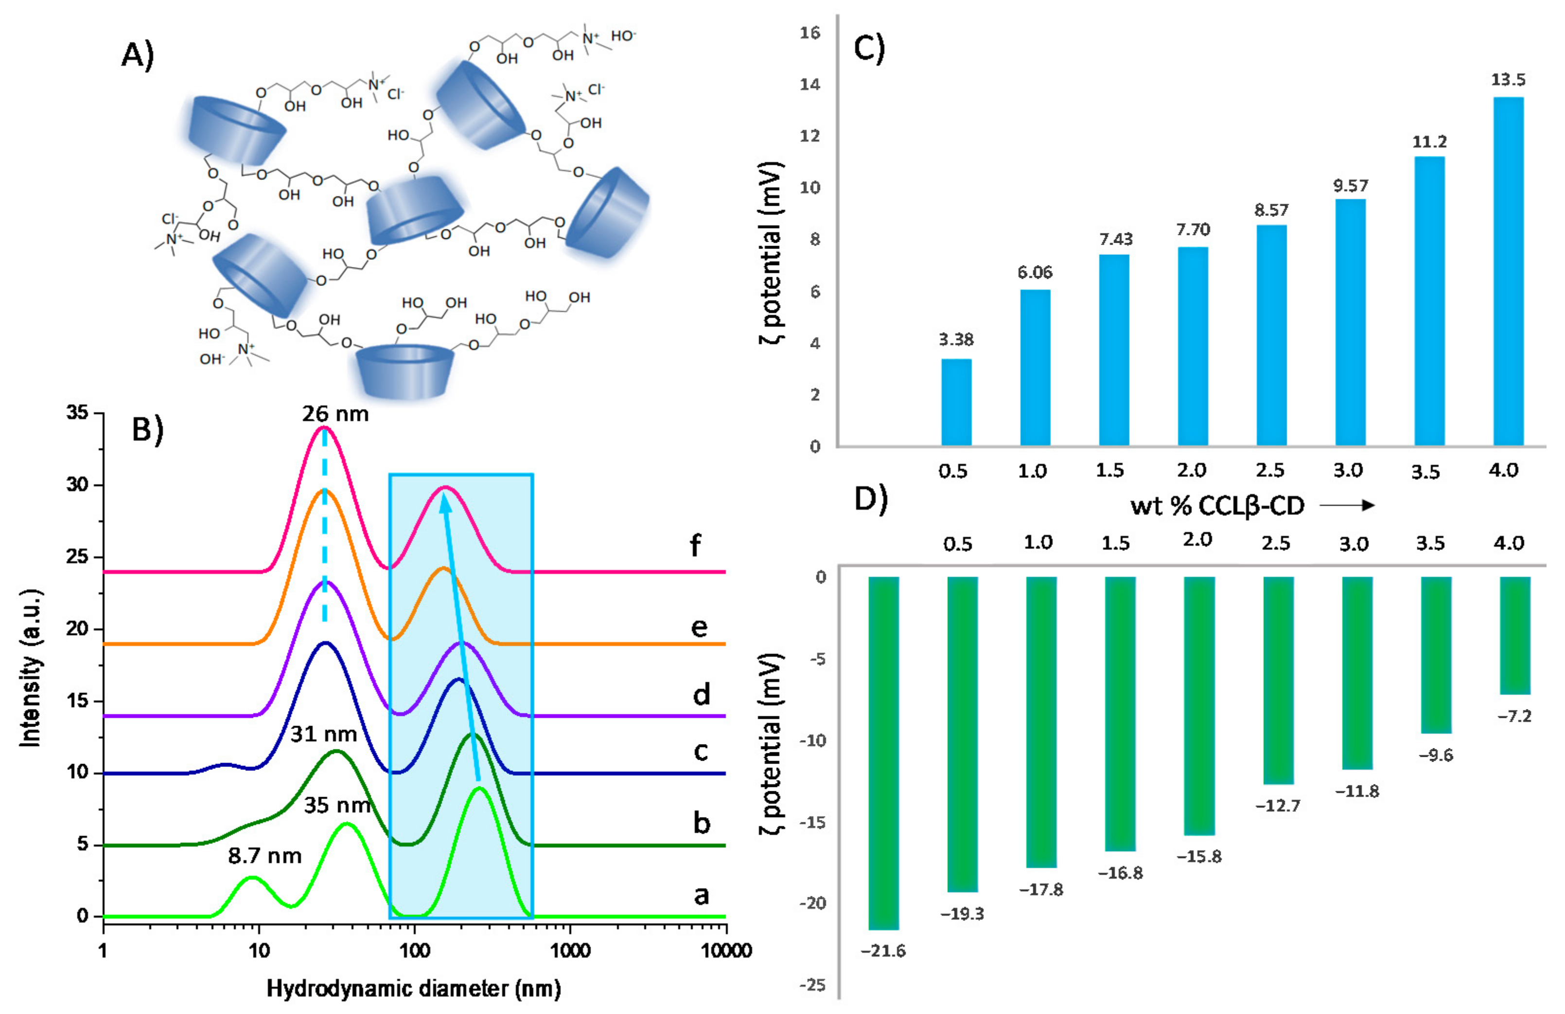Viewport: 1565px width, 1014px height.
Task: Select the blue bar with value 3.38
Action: click(956, 402)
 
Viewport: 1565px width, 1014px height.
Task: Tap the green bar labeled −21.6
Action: click(883, 752)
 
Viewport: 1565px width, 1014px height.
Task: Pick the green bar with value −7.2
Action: click(1515, 635)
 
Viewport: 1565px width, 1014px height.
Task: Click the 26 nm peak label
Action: click(335, 413)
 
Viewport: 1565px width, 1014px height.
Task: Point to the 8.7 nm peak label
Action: click(264, 855)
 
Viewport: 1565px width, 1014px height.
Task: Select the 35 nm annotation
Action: click(336, 805)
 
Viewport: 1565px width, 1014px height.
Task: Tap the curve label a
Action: click(701, 894)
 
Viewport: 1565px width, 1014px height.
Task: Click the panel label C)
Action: click(869, 47)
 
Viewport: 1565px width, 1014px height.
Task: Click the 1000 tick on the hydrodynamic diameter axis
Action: click(569, 950)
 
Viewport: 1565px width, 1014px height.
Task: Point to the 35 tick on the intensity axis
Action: click(77, 413)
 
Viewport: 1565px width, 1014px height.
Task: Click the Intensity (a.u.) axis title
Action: click(31, 667)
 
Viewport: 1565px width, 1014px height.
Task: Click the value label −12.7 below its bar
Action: click(1278, 805)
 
